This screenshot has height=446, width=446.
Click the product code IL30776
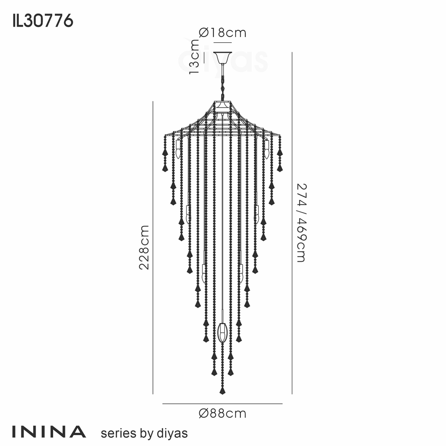pos(43,21)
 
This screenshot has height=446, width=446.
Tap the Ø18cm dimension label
pos(223,33)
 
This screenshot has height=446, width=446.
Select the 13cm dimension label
pos(194,57)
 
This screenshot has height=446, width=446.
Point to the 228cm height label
pos(144,247)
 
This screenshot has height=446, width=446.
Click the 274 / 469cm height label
pos(301,223)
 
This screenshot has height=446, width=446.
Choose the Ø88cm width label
pos(223,413)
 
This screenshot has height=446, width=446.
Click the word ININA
pos(49,432)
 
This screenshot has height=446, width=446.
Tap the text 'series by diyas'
pos(144,433)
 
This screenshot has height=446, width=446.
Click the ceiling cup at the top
pos(223,58)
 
